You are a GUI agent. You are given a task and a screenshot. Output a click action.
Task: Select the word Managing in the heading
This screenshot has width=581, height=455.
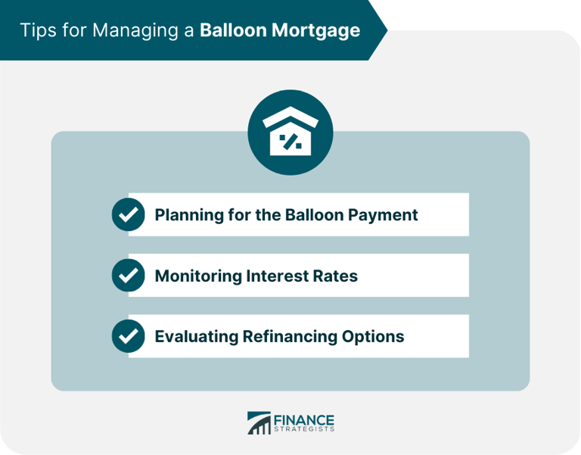coord(126,30)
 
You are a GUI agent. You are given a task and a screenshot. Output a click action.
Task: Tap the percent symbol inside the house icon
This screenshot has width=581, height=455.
coord(290,141)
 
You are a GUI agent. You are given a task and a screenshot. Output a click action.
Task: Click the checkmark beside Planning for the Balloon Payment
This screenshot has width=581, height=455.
coord(129,215)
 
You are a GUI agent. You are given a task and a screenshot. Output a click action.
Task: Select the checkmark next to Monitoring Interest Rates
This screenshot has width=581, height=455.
coord(129,276)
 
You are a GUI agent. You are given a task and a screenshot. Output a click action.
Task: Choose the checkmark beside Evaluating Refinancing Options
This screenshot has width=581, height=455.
coord(129,336)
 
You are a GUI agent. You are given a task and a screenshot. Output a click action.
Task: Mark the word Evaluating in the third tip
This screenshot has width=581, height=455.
coord(194,336)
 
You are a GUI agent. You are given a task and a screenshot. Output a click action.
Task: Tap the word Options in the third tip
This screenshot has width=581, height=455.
coord(375,336)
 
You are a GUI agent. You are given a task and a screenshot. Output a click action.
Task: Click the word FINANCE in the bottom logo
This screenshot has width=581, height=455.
coord(304,420)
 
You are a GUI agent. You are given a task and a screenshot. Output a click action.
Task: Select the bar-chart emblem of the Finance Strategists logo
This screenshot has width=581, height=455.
coord(259,423)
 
